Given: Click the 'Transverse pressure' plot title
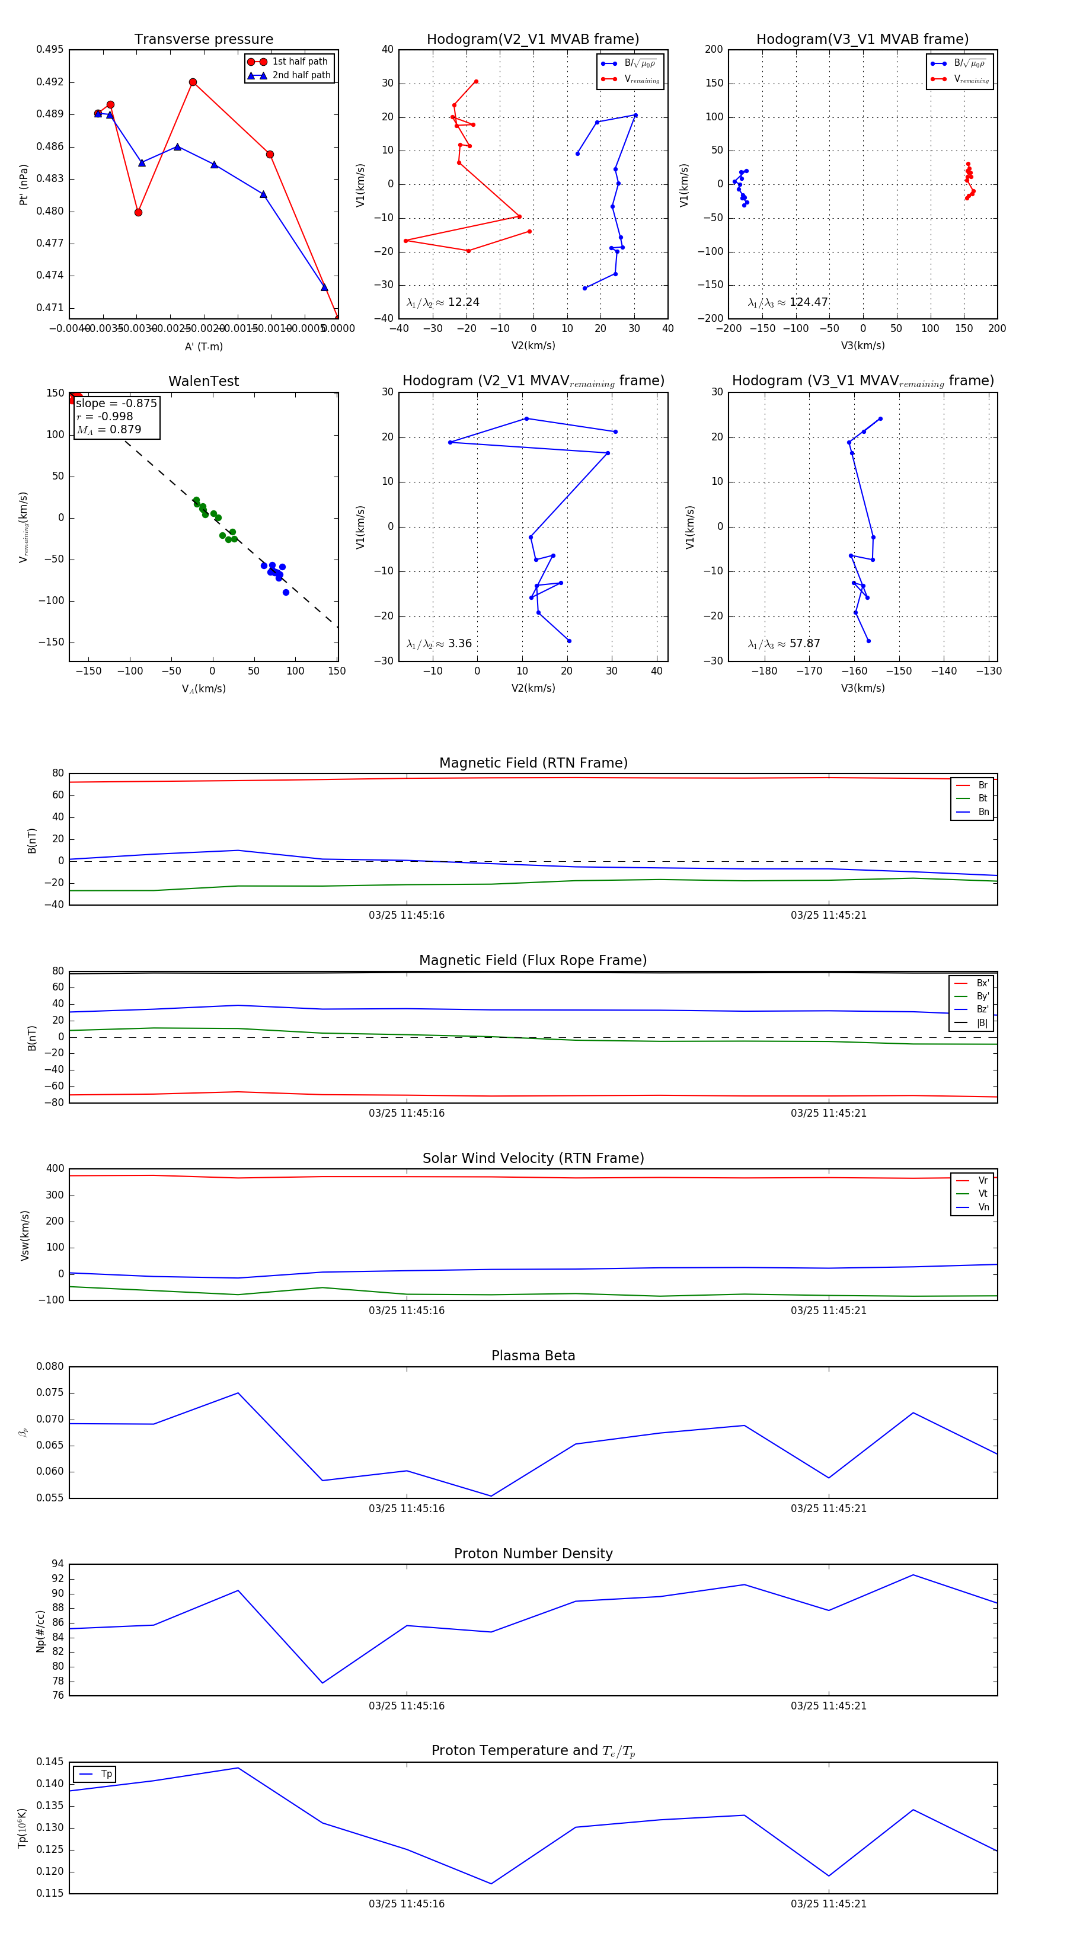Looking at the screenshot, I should click(x=203, y=40).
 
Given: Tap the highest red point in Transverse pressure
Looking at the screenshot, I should click(x=193, y=82).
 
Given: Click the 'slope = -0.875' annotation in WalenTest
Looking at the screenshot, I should click(x=116, y=403).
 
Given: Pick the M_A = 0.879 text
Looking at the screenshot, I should click(x=108, y=430).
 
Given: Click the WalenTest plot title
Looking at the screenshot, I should click(x=203, y=381).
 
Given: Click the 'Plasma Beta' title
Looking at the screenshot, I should click(x=533, y=1356).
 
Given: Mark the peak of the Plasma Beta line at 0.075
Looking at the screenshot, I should click(x=238, y=1392).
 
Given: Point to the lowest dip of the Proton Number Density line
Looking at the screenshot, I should click(x=322, y=1683).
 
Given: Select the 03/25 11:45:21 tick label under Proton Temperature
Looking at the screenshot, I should click(x=829, y=1904).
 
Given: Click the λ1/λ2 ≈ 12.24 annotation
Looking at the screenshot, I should click(x=443, y=302).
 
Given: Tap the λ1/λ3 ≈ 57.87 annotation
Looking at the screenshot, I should click(x=784, y=644).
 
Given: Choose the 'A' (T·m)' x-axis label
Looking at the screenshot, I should click(x=203, y=346).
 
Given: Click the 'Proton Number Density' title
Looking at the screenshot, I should click(x=533, y=1554).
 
